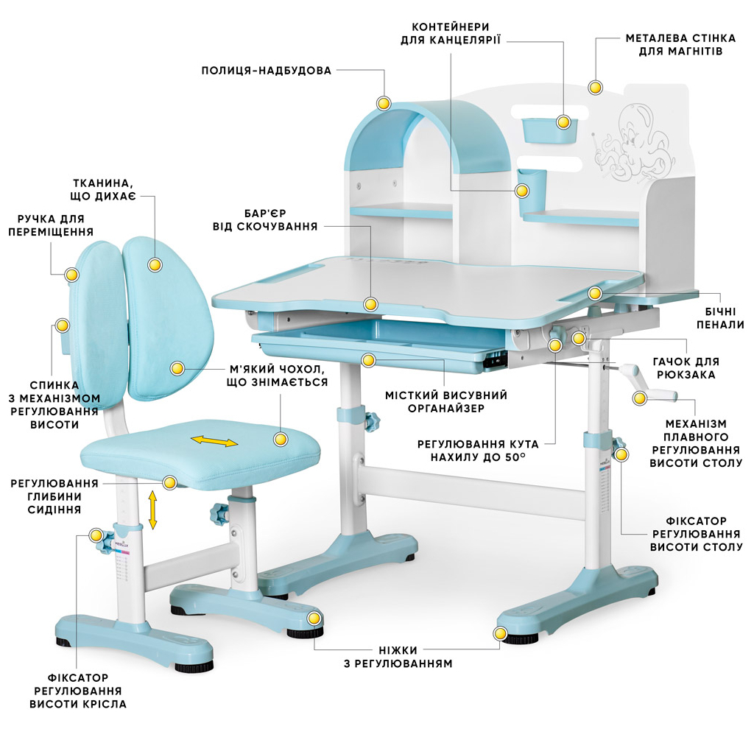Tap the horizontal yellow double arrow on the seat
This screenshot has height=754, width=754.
[x=215, y=441]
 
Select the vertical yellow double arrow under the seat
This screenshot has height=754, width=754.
[x=153, y=510]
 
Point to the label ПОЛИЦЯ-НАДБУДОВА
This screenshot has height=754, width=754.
[x=267, y=71]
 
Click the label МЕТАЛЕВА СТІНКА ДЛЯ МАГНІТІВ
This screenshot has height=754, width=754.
[x=674, y=45]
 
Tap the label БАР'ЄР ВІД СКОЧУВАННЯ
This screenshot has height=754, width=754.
[x=264, y=219]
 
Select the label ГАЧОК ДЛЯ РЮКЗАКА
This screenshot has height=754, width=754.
[x=686, y=368]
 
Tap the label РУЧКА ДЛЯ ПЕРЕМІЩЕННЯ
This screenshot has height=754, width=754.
[x=51, y=225]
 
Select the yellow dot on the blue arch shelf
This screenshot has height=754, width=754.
[x=384, y=103]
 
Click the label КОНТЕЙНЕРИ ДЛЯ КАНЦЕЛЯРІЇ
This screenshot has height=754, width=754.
[x=451, y=33]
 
